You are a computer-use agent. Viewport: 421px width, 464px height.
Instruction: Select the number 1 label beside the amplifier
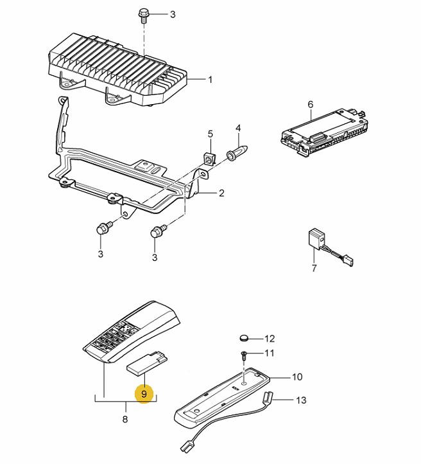tap(209, 80)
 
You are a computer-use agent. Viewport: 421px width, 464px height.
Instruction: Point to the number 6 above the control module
tap(310, 103)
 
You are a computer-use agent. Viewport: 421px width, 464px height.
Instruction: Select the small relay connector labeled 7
tap(316, 238)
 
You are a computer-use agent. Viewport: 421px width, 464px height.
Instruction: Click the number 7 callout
tap(314, 268)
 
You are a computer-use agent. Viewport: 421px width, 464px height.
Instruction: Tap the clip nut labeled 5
tap(209, 157)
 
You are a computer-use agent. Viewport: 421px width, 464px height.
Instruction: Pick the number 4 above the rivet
tap(237, 129)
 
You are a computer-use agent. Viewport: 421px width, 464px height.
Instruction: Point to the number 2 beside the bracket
tap(221, 193)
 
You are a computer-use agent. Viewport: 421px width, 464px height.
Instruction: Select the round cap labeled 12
tap(244, 337)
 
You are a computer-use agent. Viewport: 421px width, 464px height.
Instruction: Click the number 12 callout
tap(270, 338)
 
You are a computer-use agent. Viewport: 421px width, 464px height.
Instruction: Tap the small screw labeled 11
tap(244, 354)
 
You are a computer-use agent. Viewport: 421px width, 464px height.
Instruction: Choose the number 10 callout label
tap(296, 377)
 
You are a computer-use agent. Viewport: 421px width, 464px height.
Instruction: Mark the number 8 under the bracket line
tap(125, 419)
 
